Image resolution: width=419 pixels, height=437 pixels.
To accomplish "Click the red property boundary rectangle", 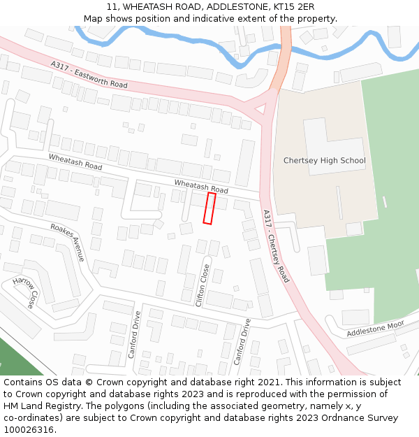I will pyautogui.click(x=209, y=208).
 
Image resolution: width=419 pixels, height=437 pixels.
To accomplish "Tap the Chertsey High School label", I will pyautogui.click(x=324, y=161).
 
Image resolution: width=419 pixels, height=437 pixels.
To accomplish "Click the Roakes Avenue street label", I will pyautogui.click(x=68, y=242).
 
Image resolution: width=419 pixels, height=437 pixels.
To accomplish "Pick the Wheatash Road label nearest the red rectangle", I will pyautogui.click(x=201, y=186).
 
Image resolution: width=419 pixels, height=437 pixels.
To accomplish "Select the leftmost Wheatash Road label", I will pyautogui.click(x=75, y=162).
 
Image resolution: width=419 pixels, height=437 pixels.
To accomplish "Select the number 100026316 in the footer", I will pyautogui.click(x=29, y=430).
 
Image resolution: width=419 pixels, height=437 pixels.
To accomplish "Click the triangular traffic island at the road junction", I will pyautogui.click(x=259, y=109).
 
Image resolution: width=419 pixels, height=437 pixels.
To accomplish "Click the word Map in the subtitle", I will pyautogui.click(x=94, y=19).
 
